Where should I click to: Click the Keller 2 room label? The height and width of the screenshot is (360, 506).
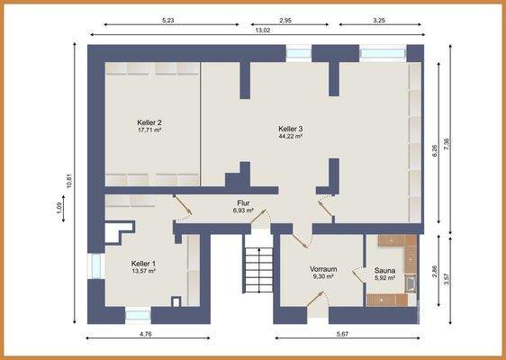coord(149,122)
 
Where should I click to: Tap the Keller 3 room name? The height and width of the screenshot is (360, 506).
coord(290,129)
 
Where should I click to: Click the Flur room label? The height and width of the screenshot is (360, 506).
coord(243,203)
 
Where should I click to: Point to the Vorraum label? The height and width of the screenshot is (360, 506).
coord(322,268)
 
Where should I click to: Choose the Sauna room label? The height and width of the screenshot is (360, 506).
coord(384,270)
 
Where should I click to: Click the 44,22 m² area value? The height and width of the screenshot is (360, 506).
coord(290,137)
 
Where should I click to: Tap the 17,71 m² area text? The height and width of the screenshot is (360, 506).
coord(149,130)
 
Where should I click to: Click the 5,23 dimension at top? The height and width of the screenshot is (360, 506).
coord(168,18)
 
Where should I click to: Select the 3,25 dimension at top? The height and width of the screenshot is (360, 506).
coord(378,18)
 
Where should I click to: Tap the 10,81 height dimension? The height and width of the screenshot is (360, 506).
coord(68,181)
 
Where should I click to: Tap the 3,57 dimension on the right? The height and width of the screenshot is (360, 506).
coord(447,279)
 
